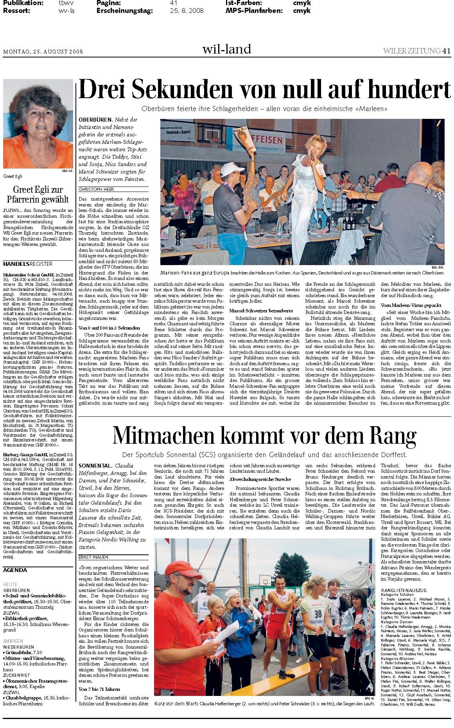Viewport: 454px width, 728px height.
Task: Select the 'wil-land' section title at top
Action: (226, 49)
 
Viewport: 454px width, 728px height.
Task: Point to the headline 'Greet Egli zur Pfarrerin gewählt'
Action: (38, 194)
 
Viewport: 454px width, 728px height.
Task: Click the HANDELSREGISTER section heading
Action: (27, 264)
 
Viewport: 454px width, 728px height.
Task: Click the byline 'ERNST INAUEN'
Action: (93, 557)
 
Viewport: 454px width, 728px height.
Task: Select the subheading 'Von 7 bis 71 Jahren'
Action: (99, 689)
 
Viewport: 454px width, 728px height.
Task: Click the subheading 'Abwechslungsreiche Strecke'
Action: (260, 479)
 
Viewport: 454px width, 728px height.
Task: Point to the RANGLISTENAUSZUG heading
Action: (404, 590)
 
